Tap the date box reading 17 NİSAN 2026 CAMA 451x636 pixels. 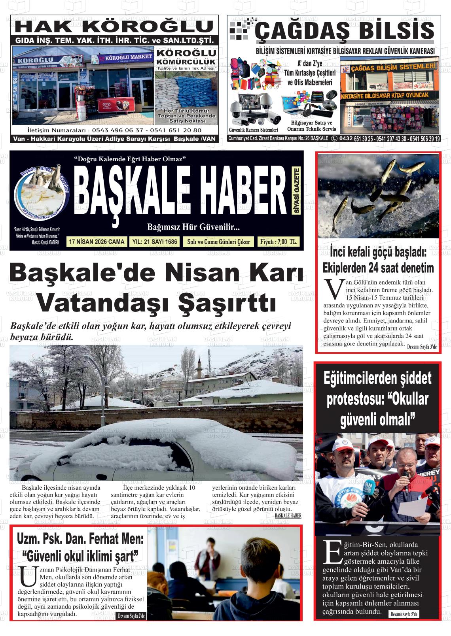point(97,242)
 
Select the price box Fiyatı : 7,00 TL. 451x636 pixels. point(278,242)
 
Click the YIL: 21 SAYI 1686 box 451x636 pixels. point(154,242)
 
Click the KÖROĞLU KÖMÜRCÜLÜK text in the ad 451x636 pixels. point(186,57)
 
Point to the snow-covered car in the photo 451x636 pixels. point(158,451)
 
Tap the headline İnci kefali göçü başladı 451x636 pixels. point(378,252)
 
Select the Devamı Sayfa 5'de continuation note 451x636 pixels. point(404,614)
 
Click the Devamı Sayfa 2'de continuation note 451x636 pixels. point(131,616)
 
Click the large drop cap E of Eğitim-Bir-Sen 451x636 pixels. point(332,553)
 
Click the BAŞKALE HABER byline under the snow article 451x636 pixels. point(288,516)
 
